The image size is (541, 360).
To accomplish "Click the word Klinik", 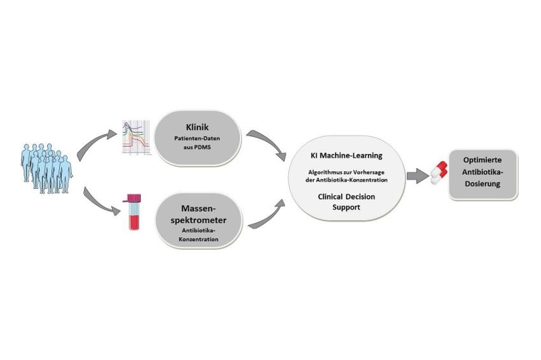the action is point(197,127).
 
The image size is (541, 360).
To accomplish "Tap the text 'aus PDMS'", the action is point(197,147).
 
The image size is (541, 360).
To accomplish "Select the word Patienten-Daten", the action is point(197,138).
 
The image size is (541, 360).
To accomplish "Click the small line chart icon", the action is point(137,137).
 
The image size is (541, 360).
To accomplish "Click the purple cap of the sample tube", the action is point(134,198).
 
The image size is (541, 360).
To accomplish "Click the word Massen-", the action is point(199,209).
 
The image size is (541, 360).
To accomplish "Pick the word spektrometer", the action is point(199,220).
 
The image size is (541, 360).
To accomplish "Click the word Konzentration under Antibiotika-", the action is point(199,239).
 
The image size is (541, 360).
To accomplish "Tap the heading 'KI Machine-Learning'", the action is point(346,156).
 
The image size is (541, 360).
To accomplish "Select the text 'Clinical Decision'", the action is point(346,197).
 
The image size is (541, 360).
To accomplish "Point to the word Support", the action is point(346,207).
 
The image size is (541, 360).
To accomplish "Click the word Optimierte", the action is point(482,160).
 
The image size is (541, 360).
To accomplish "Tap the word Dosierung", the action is point(482,184).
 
